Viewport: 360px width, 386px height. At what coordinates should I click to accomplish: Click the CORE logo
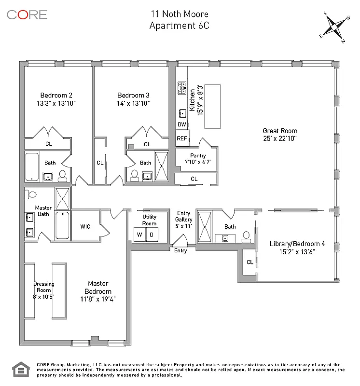point(27,14)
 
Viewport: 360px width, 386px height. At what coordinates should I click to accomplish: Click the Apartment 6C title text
point(180,26)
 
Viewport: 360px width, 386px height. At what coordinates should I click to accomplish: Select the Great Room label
point(280,131)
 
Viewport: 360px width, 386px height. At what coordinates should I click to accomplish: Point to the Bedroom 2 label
point(56,95)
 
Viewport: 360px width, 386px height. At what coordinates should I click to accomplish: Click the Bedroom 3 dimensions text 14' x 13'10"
point(133,103)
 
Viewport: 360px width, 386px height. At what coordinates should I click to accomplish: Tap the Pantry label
point(198,156)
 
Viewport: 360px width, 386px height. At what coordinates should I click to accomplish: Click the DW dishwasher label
point(181,124)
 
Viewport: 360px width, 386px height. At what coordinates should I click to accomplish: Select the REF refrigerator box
point(181,138)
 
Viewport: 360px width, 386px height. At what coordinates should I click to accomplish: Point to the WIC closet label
point(85,226)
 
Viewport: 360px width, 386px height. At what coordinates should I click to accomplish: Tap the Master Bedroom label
point(98,288)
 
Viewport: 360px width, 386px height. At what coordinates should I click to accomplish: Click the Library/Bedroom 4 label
point(297,244)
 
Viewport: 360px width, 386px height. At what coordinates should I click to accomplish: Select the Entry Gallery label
point(184,216)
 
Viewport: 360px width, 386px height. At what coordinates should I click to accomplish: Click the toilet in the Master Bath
point(32,194)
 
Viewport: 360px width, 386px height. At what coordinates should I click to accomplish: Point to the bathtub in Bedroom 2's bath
point(32,166)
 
